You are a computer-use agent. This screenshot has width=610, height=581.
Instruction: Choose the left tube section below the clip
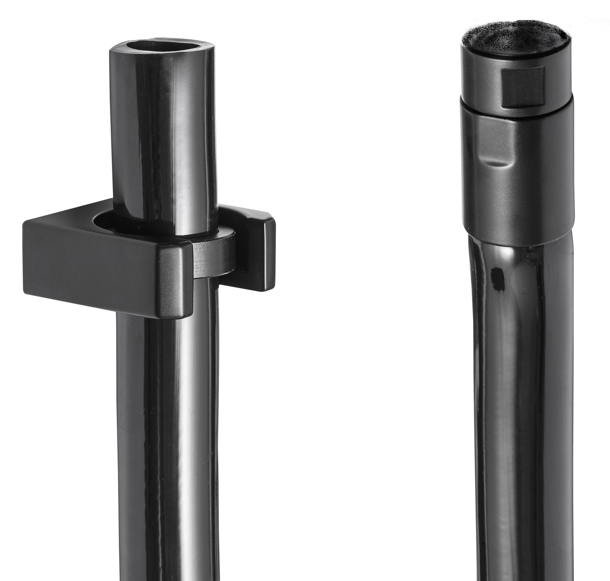click(167, 434)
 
